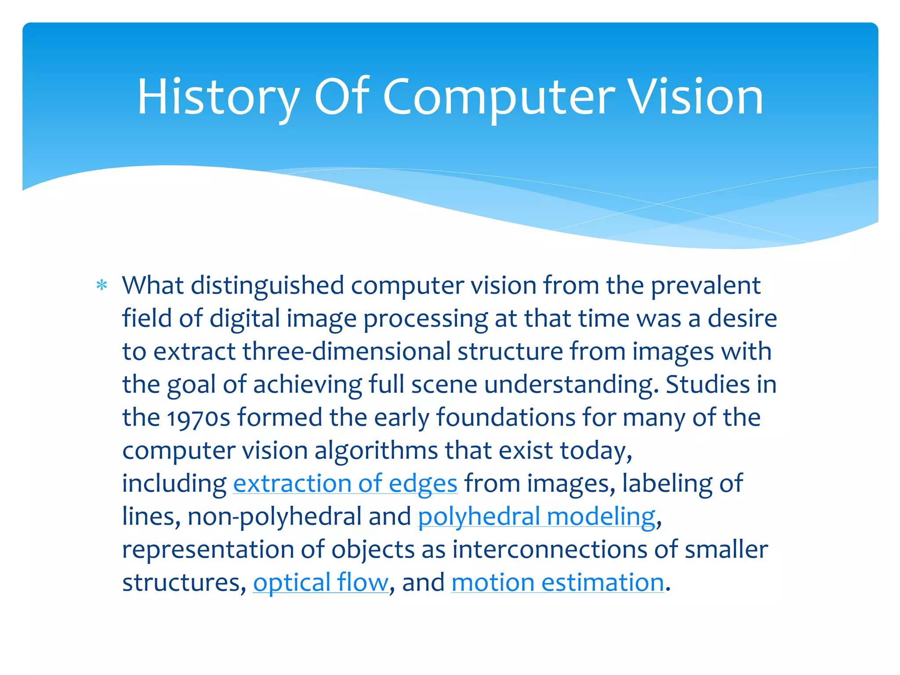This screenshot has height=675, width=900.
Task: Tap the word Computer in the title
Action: coord(499,97)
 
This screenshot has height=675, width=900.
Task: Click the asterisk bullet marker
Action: coord(102,286)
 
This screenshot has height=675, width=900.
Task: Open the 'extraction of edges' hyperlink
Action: coord(345,483)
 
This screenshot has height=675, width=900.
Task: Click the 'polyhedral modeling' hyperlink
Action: coord(537,516)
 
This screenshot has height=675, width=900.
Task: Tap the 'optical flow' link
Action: coord(321,582)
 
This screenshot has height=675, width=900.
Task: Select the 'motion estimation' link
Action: coord(558,582)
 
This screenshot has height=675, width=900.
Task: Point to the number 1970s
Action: coord(199,417)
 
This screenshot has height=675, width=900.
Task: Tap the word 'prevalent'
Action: coord(705,286)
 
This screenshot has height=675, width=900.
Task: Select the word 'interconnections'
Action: coord(550,549)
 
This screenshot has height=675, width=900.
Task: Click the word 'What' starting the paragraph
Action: coord(152,286)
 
